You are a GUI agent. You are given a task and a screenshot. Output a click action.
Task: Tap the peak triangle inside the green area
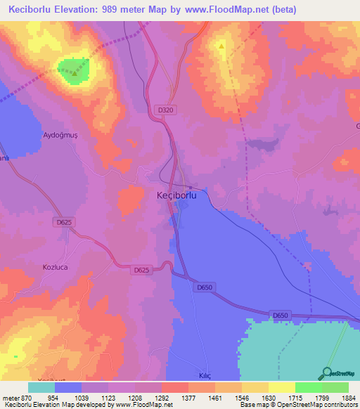[x=74, y=72]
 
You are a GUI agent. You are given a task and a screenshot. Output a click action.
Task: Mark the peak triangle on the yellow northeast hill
[x=222, y=48]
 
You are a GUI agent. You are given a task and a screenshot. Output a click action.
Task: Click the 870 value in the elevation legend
[x=26, y=397]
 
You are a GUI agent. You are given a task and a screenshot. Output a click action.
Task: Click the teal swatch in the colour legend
[x=41, y=387]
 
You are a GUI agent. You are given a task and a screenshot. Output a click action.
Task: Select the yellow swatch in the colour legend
[x=281, y=387]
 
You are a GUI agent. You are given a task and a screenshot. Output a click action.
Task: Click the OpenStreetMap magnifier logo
[x=327, y=373]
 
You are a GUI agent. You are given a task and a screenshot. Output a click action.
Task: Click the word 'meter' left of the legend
[x=9, y=397]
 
